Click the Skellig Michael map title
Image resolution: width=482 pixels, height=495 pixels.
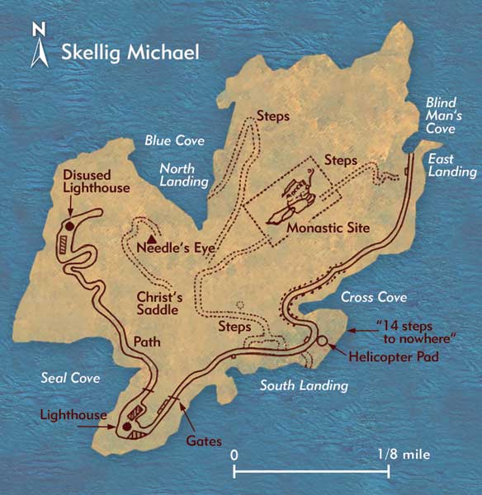point(130,54)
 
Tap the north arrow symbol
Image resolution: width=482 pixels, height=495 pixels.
point(38,47)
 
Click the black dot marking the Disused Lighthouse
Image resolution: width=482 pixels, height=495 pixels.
point(70,224)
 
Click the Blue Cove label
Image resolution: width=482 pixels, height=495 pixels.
point(175,141)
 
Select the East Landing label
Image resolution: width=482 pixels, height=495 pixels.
point(451,165)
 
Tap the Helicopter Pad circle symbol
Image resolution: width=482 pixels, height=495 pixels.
point(321,342)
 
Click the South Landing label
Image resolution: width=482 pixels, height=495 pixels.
point(305,385)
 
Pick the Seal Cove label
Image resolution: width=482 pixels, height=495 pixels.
point(70,378)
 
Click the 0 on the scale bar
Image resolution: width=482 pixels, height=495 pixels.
point(234,454)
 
